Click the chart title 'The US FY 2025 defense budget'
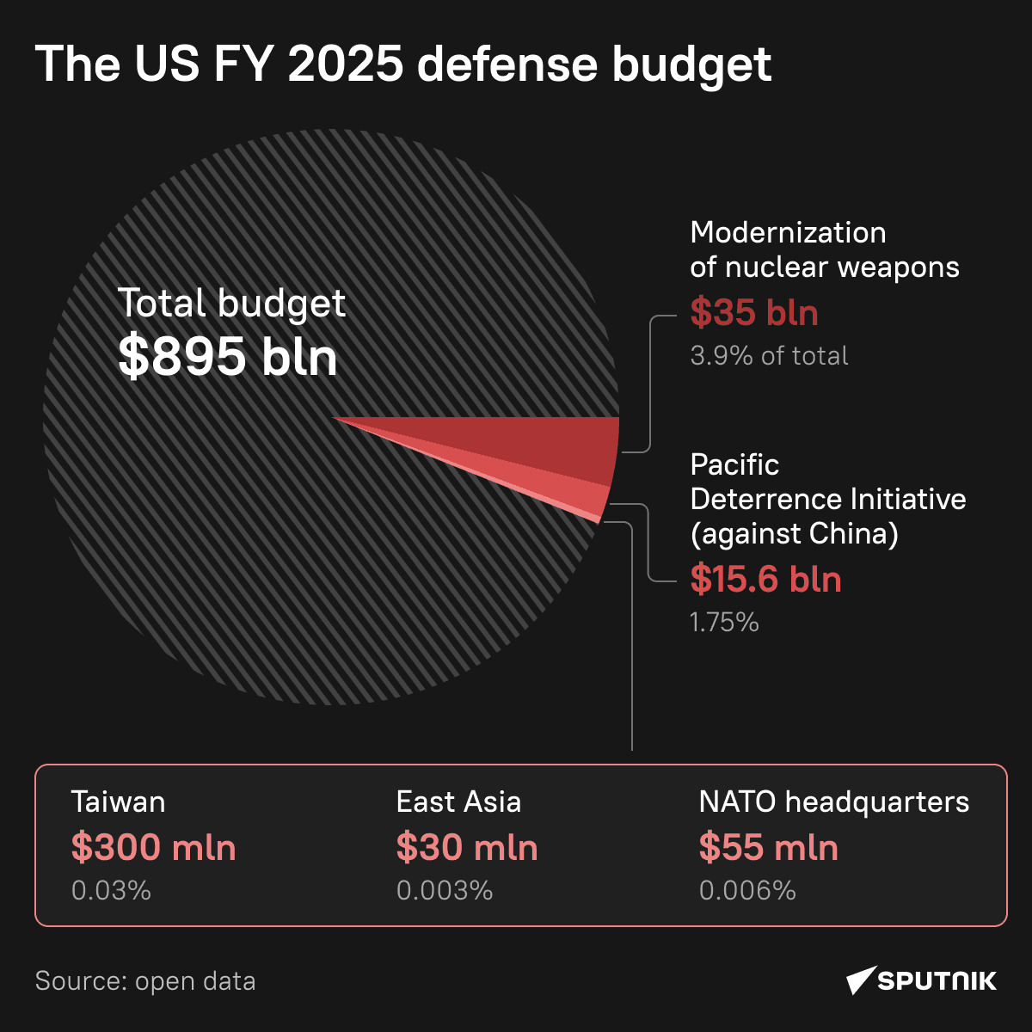[402, 64]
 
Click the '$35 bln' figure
[754, 313]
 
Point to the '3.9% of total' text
[769, 356]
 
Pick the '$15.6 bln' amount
[765, 580]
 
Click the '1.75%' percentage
[724, 622]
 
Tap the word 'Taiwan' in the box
[118, 802]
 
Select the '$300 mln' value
[153, 848]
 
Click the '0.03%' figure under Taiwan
[111, 890]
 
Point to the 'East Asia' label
[458, 802]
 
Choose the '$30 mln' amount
[467, 848]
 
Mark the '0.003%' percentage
[445, 890]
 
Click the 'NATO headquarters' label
[833, 802]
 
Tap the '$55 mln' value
[768, 848]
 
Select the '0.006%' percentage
[747, 890]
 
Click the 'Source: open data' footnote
[145, 981]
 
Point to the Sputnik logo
[921, 980]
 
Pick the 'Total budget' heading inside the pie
[231, 304]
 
